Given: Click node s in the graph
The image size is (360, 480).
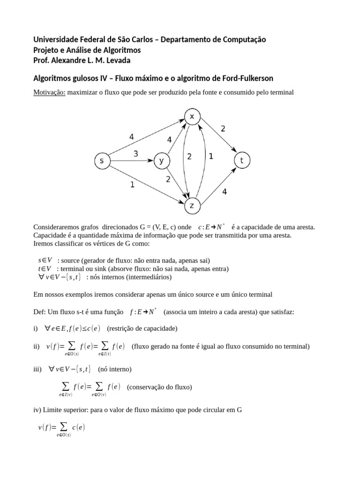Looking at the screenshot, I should (102, 161).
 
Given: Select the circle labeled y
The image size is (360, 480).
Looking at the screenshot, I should (161, 161).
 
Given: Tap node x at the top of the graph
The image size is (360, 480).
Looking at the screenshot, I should (192, 117).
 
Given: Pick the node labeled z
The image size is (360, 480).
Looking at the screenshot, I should (192, 205).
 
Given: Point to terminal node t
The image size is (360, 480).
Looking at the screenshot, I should (242, 161).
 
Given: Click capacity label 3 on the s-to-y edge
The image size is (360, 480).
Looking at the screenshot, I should (135, 154).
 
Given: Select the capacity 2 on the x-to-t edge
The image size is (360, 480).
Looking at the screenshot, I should (223, 128).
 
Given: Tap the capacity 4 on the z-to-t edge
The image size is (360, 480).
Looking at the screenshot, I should (225, 192).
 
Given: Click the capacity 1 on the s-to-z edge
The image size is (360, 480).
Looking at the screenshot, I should (132, 185).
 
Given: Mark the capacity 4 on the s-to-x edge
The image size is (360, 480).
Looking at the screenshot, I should (132, 137).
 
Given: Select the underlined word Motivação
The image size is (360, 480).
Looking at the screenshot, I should (49, 92).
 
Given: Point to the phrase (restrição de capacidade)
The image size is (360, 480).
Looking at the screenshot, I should (142, 328).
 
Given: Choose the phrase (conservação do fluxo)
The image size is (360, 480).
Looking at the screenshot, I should (159, 387).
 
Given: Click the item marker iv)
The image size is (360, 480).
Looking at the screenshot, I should (37, 409).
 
